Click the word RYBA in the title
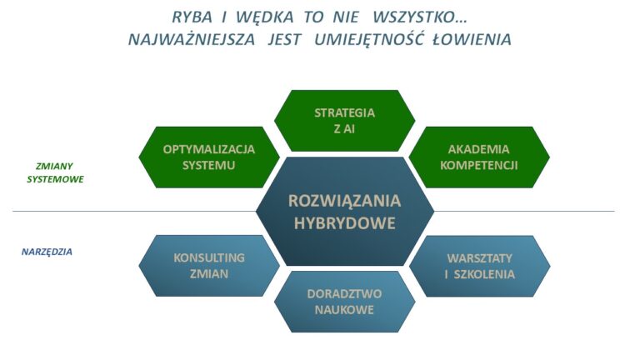pos(192,17)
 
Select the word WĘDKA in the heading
pos(264,18)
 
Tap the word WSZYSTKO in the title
pos(420,17)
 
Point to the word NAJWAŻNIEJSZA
pos(192,40)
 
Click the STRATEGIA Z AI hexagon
pos(344,121)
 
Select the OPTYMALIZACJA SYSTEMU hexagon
pos(209,157)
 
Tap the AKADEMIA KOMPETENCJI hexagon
pos(479,157)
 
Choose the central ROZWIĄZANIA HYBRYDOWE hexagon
pos(345,212)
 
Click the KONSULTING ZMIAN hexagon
pos(209,266)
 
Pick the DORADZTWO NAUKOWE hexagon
pos(344,302)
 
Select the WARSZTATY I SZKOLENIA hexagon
pos(480,266)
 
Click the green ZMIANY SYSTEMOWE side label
pos(55,172)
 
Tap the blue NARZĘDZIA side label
pos(47,252)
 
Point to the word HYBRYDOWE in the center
pos(345,223)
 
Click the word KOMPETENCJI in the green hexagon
pos(479,165)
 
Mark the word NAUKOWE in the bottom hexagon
pos(344,310)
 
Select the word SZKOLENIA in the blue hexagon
pos(484,274)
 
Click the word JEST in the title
pos(284,40)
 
